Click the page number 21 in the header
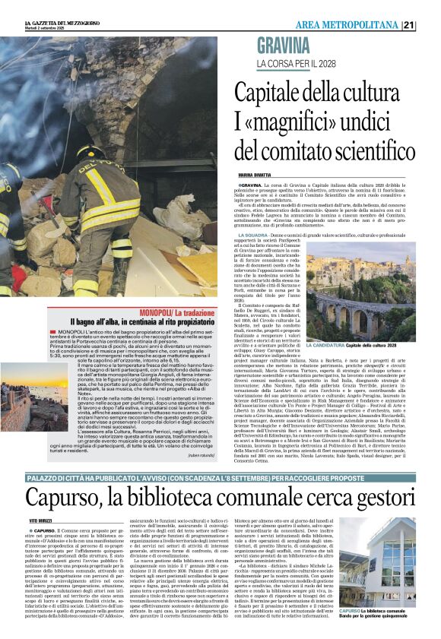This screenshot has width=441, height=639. click(x=430, y=25)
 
